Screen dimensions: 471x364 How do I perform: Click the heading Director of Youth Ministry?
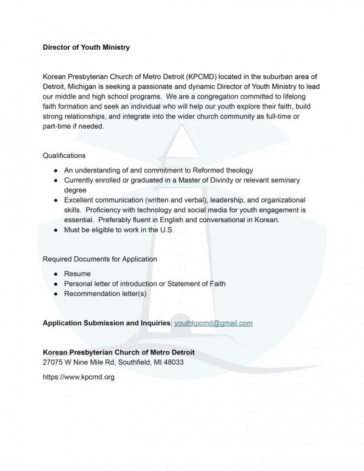[x=86, y=46]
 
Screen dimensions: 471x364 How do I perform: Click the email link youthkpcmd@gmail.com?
[x=213, y=323]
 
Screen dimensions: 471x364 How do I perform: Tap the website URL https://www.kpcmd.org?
[x=78, y=376]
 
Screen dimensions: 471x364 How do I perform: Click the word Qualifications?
[x=67, y=155]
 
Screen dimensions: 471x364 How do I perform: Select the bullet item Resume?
[x=77, y=274]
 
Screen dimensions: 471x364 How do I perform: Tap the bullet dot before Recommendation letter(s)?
[x=56, y=294]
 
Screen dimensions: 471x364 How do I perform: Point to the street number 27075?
[x=55, y=362]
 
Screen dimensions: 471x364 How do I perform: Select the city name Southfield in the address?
[x=126, y=362]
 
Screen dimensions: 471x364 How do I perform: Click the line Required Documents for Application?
[x=99, y=259]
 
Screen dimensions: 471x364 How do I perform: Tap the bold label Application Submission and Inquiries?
[x=107, y=323]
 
